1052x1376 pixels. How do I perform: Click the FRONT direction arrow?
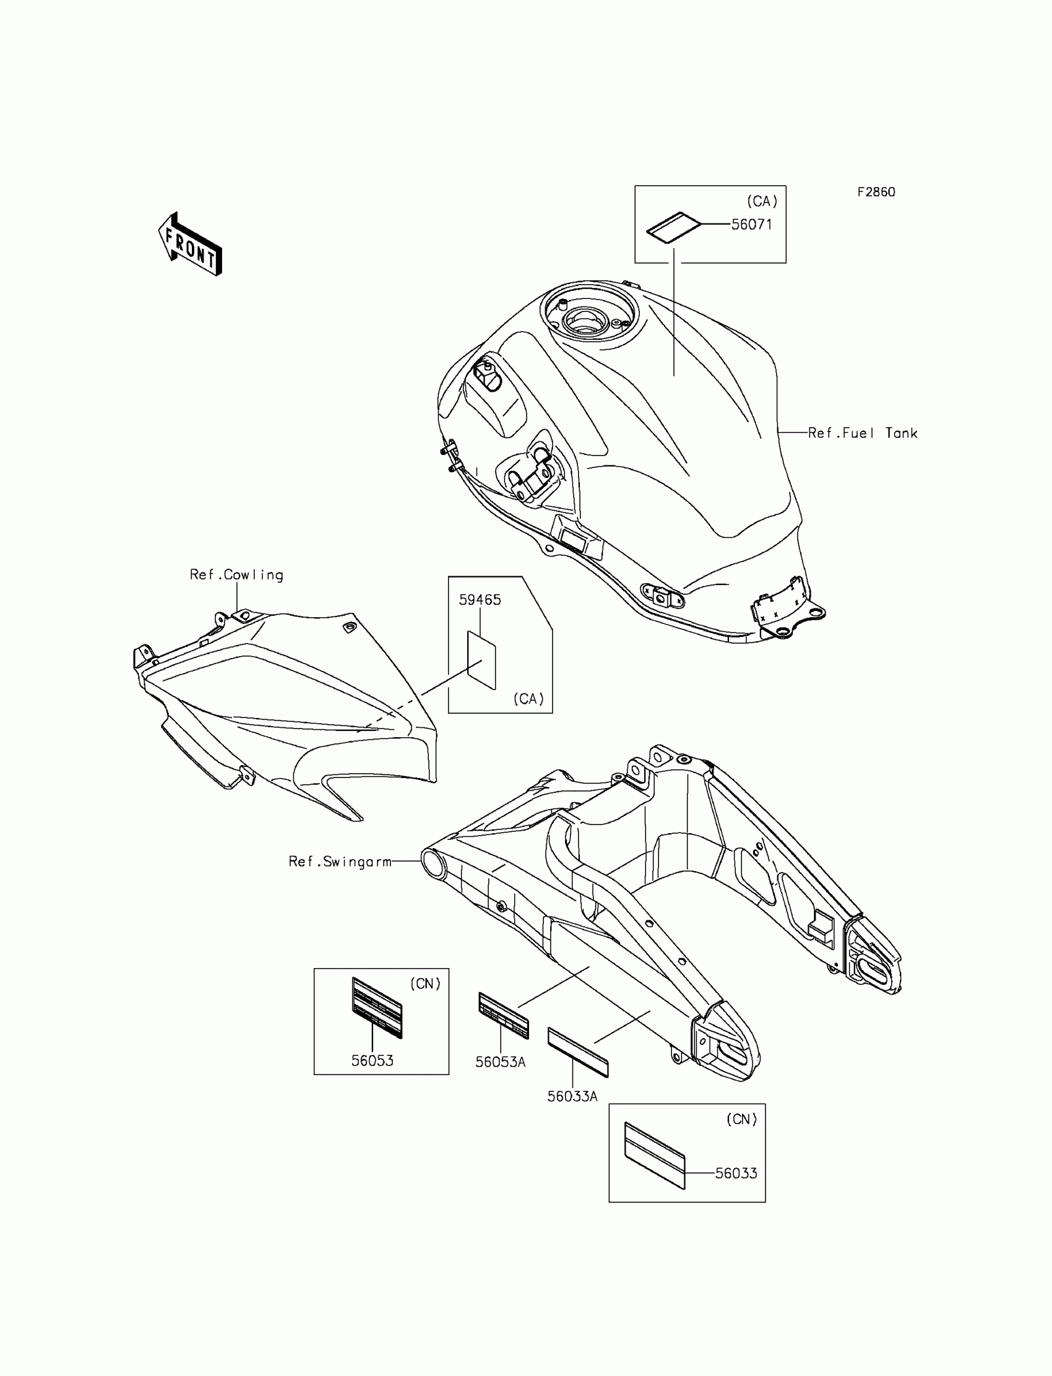click(x=191, y=244)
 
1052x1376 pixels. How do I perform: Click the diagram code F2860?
click(x=876, y=193)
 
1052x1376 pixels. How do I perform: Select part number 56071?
click(x=751, y=224)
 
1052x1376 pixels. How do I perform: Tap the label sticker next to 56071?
click(x=673, y=227)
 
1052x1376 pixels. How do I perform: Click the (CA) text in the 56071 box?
click(x=761, y=201)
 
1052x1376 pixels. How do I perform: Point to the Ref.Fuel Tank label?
click(x=862, y=433)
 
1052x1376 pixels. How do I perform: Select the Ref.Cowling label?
click(x=236, y=575)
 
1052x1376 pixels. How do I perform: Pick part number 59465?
click(x=480, y=600)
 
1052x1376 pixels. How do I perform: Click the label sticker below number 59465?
click(x=481, y=660)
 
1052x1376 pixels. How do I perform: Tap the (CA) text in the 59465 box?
click(x=528, y=699)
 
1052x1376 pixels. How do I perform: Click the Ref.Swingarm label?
click(x=340, y=862)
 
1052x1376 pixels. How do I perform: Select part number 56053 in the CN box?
click(x=372, y=1060)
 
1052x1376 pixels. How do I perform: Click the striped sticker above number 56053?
click(x=376, y=1006)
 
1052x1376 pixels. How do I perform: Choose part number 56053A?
click(x=500, y=1062)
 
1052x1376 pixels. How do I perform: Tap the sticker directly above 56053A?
click(x=504, y=1015)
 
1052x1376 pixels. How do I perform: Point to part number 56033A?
click(x=572, y=1096)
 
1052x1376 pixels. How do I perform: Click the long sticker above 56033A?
click(x=577, y=1052)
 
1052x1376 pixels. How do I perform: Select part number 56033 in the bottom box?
click(x=736, y=1173)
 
